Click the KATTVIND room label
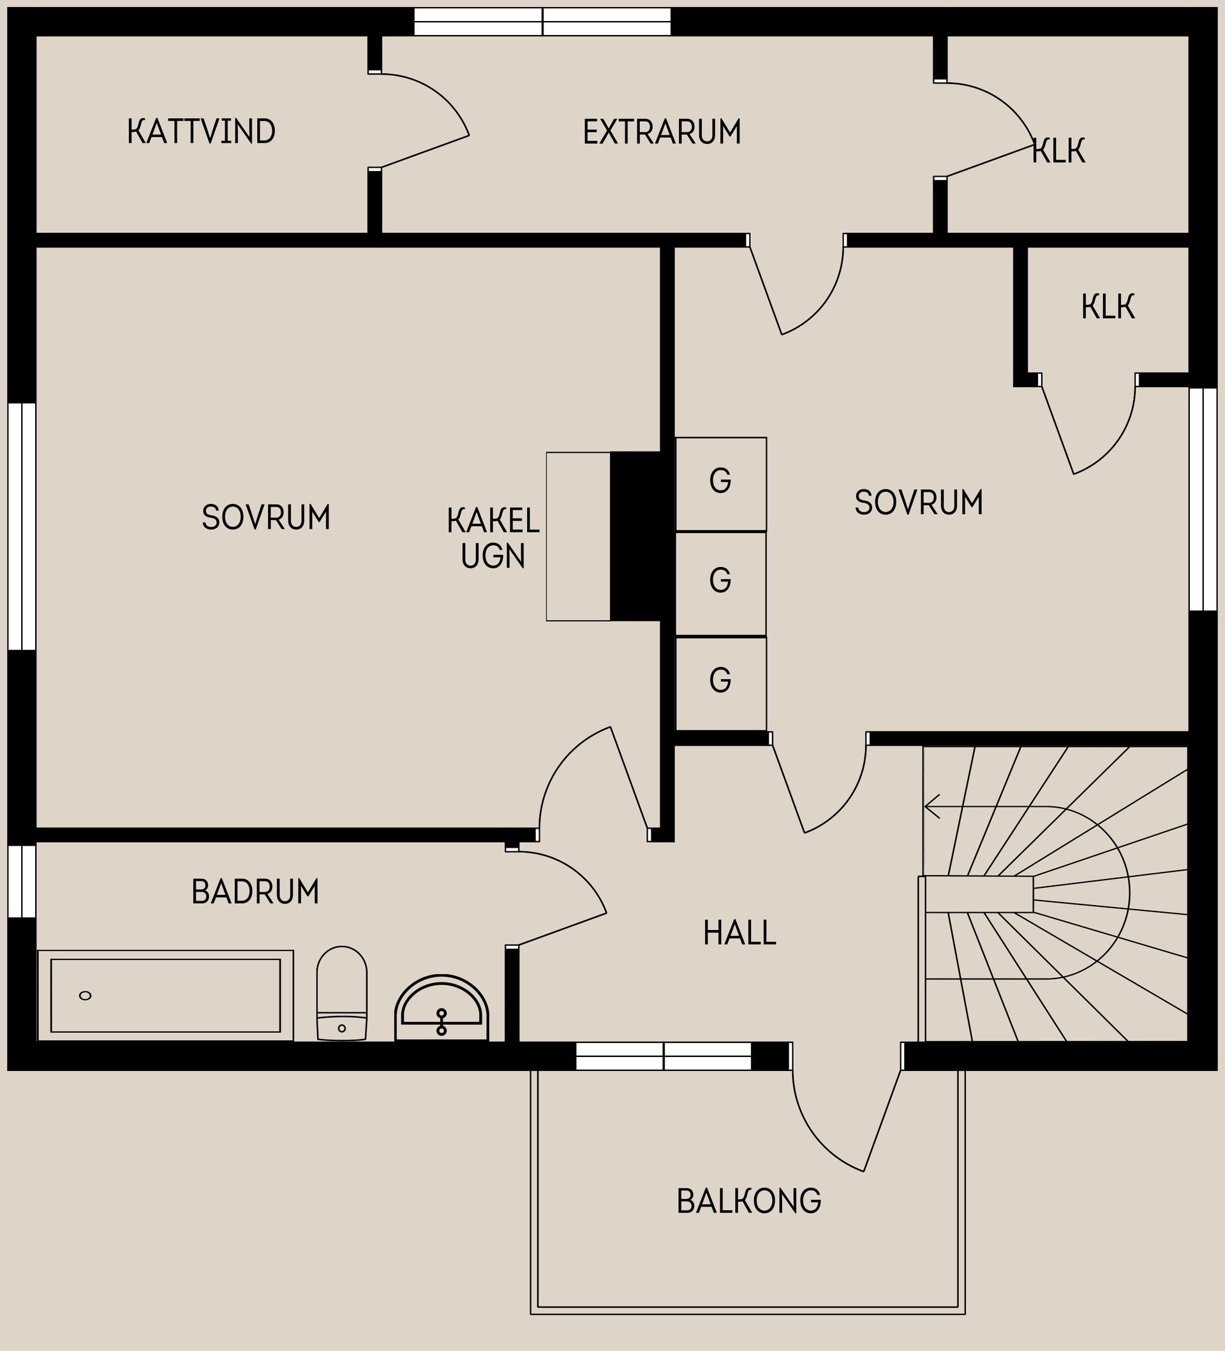coord(201,131)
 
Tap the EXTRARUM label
coord(662,132)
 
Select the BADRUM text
coord(255,892)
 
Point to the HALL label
coord(740,933)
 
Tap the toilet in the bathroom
coord(342,993)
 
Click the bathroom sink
coord(442,1008)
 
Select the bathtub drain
coord(85,996)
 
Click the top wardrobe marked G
coord(721,484)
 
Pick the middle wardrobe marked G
coord(721,584)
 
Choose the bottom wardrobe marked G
coord(721,684)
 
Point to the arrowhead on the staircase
coord(932,807)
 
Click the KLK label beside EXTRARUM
coord(1059,151)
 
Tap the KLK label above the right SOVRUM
coord(1108,307)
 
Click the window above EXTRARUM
coord(543,22)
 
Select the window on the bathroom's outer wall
coord(22,882)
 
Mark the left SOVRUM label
coord(266,517)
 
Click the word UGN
coord(493,556)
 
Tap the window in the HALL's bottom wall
coord(664,1056)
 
